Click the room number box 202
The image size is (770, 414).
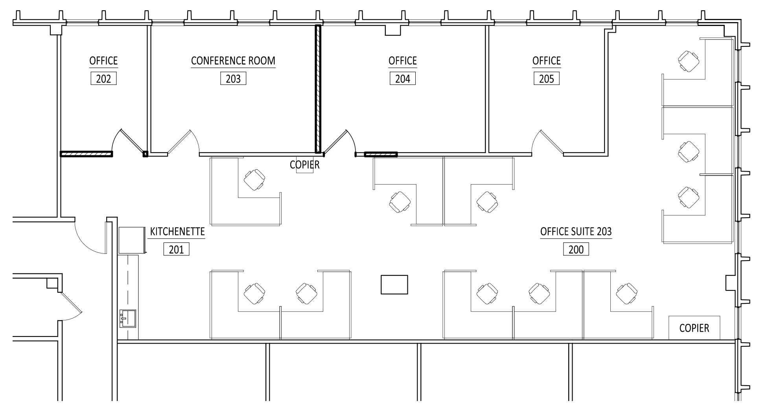[103, 79]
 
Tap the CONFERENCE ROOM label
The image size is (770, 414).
[233, 61]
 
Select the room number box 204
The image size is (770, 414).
[403, 79]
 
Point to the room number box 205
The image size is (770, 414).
[547, 79]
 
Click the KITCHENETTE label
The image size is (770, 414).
[177, 231]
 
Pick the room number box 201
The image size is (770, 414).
[176, 249]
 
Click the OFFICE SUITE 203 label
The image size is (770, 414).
[576, 231]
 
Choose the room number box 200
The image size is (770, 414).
[576, 249]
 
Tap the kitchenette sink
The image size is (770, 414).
[128, 318]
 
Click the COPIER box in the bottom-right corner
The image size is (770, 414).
[694, 328]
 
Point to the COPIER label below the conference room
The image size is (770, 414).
[305, 164]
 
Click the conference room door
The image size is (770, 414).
[183, 142]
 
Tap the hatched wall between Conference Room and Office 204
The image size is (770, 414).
[318, 89]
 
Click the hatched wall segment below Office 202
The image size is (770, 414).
[86, 154]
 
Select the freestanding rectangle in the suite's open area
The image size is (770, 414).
[394, 285]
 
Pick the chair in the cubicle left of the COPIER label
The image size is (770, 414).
[254, 180]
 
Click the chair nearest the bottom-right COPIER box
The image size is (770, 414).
[627, 294]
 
